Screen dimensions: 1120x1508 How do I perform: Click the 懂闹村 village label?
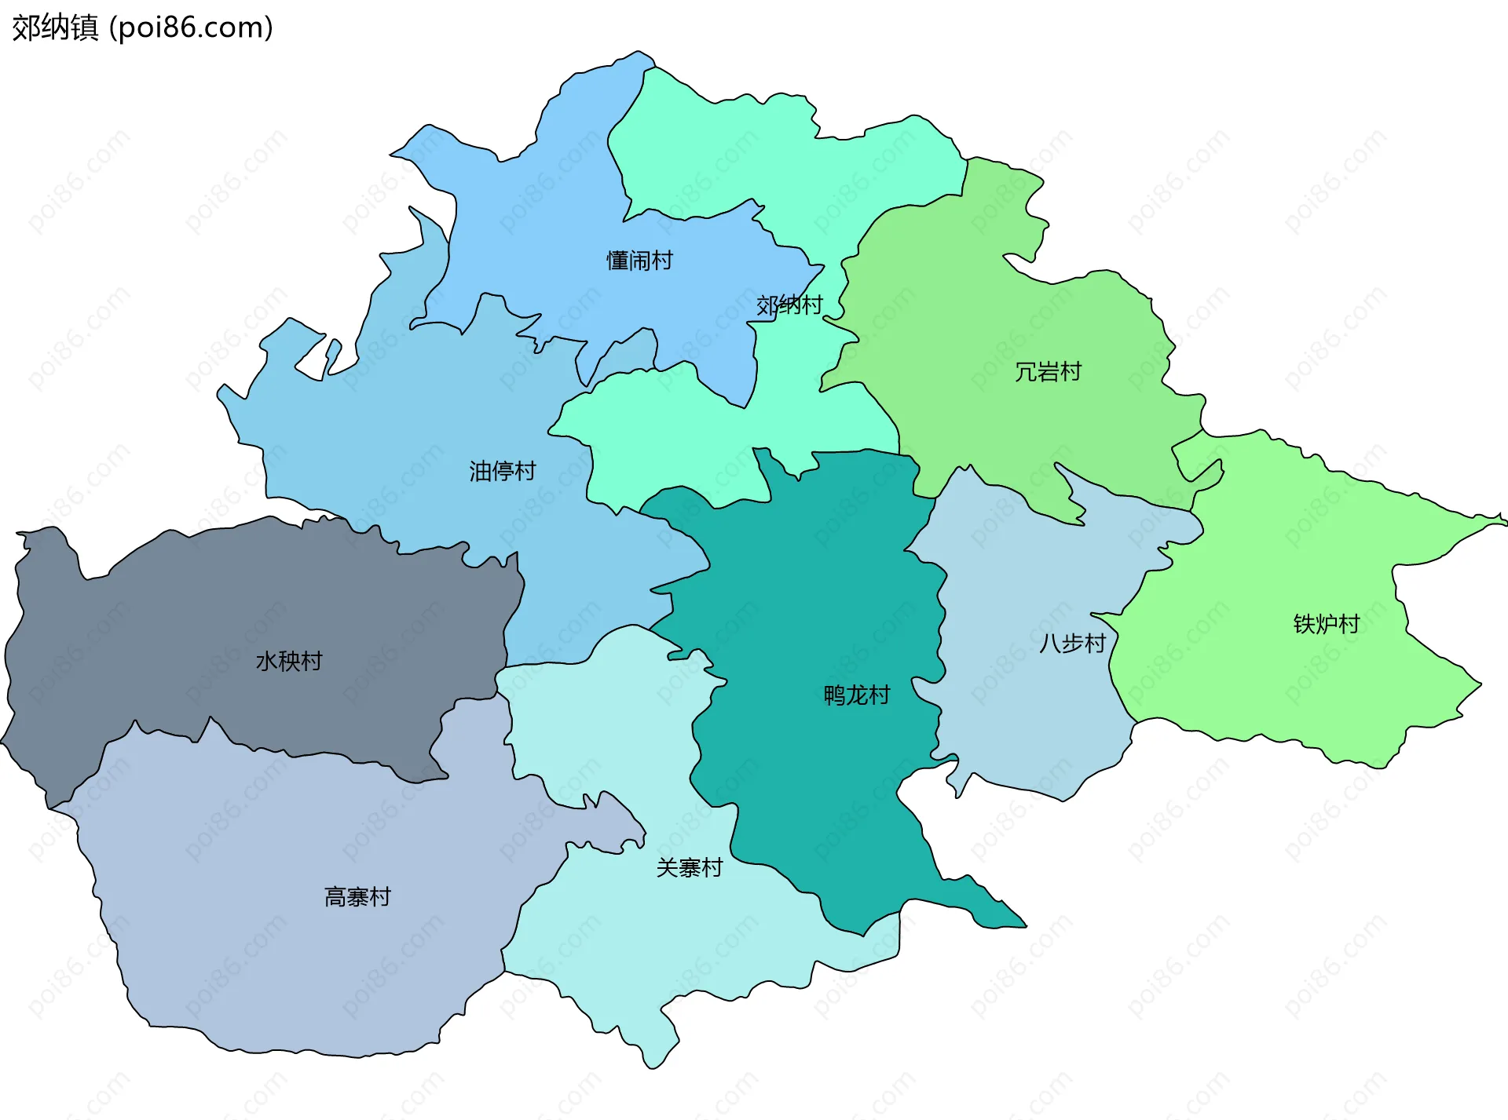[639, 261]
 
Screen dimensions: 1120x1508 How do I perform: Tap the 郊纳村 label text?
[789, 305]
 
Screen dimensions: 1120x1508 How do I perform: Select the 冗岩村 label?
[1048, 371]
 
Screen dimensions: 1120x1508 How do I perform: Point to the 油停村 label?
[502, 471]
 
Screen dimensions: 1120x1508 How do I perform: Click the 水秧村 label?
[288, 661]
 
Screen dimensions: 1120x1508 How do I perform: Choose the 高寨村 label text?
[357, 896]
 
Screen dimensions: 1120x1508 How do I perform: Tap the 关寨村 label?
[689, 867]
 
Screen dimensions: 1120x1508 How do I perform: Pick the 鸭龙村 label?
[856, 695]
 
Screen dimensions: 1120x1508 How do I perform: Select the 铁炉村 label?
[1326, 624]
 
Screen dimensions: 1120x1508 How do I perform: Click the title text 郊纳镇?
[55, 27]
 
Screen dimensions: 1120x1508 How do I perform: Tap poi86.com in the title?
[191, 27]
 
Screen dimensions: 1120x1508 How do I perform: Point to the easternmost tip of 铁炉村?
[1503, 519]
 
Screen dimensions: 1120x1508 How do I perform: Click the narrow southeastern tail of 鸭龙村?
[997, 914]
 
